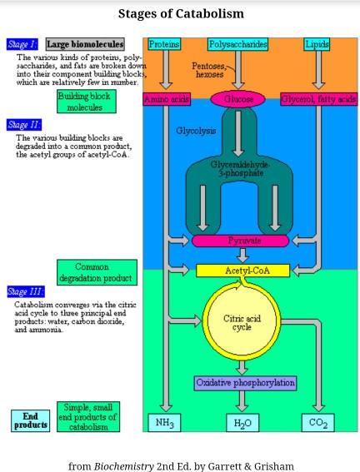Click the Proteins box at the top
(x=164, y=44)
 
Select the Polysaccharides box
(x=238, y=44)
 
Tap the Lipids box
(x=317, y=44)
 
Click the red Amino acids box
(x=167, y=99)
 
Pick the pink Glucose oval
(x=238, y=99)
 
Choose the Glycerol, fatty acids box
(x=318, y=99)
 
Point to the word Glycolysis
(x=196, y=131)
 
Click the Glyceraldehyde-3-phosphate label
(x=238, y=168)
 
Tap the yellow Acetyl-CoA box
(x=242, y=271)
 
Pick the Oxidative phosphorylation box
(x=245, y=382)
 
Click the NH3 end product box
(x=165, y=423)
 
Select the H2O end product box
(x=242, y=423)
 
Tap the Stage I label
(x=22, y=44)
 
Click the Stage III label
(x=26, y=291)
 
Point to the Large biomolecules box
(x=84, y=44)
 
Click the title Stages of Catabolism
(x=181, y=13)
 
